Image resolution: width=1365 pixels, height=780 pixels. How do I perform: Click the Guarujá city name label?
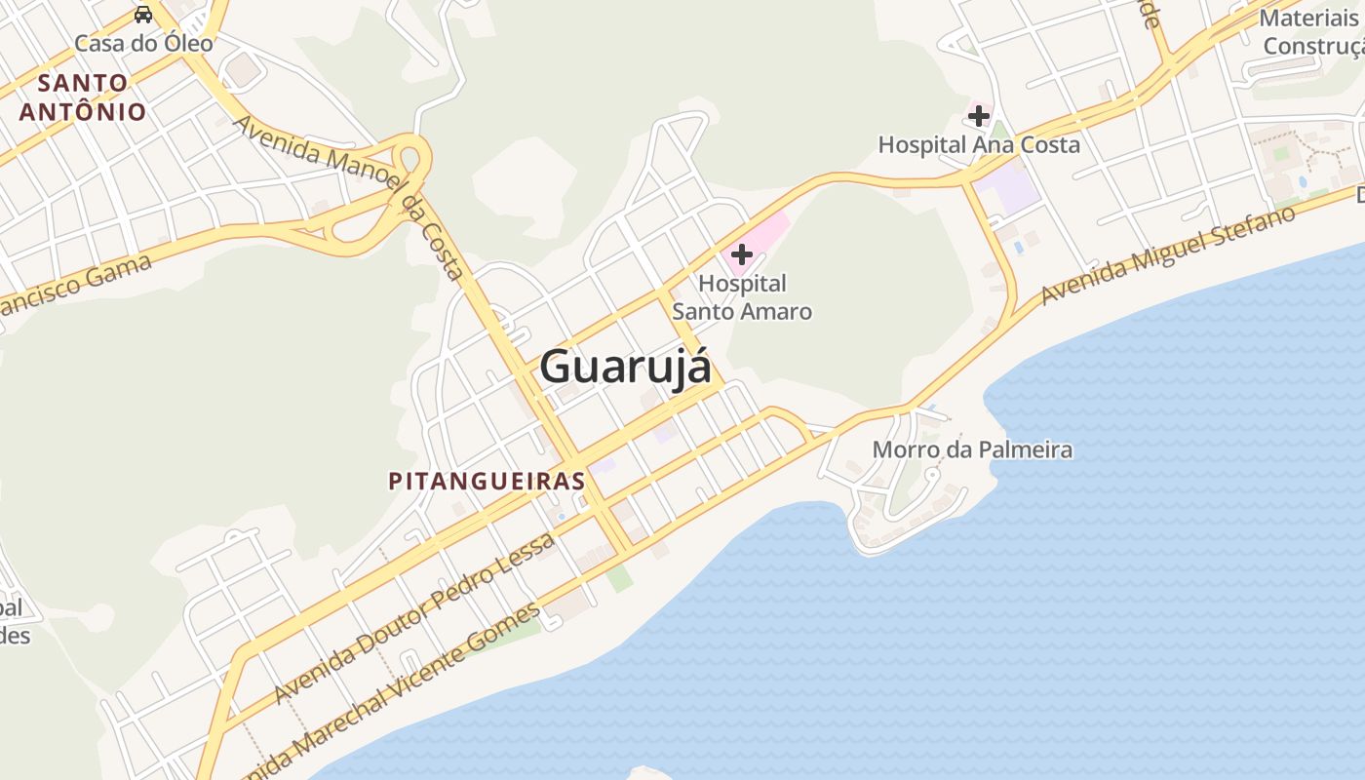tap(625, 368)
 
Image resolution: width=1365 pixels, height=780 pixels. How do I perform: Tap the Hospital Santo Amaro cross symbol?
tap(741, 254)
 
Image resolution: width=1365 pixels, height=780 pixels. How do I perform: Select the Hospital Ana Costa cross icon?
tap(978, 117)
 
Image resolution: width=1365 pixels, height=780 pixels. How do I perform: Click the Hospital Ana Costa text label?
tap(979, 145)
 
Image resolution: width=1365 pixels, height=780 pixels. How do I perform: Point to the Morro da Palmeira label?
tap(972, 449)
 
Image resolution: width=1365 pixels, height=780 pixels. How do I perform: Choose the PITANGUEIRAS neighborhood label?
tap(487, 481)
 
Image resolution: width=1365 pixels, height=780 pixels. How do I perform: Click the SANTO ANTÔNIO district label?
tap(83, 97)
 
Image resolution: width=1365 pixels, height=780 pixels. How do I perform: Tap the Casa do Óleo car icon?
tap(143, 15)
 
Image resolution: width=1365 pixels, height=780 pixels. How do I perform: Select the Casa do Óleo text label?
tap(143, 43)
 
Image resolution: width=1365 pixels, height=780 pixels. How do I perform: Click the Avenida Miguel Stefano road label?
tap(1167, 254)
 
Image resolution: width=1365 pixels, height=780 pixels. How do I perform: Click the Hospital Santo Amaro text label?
tap(742, 297)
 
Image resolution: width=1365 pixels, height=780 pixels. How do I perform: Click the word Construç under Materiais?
tap(1312, 46)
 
